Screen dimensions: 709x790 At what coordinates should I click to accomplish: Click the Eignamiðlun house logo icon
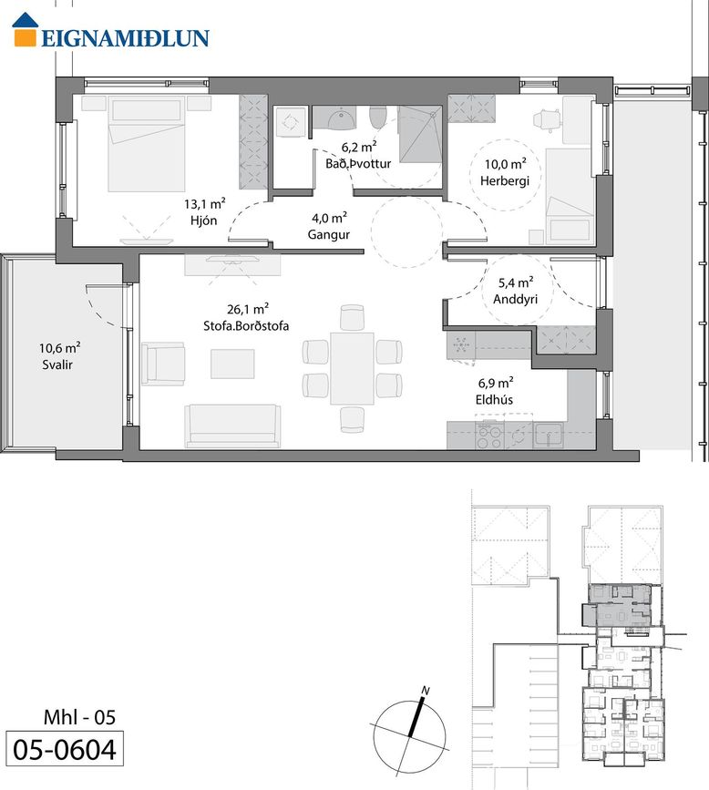pyautogui.click(x=26, y=30)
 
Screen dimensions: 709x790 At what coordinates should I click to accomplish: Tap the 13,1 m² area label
pyautogui.click(x=204, y=203)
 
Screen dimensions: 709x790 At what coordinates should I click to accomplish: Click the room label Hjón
pyautogui.click(x=203, y=221)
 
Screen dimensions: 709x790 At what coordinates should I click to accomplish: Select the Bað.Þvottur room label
pyautogui.click(x=358, y=163)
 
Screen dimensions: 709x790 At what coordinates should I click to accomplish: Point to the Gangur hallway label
pyautogui.click(x=329, y=235)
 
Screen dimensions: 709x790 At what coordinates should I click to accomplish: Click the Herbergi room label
pyautogui.click(x=505, y=180)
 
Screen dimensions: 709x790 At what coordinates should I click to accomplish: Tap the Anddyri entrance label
pyautogui.click(x=515, y=299)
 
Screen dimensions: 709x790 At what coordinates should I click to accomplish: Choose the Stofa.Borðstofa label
pyautogui.click(x=246, y=325)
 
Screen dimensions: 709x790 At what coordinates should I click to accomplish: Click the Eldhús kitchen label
pyautogui.click(x=494, y=399)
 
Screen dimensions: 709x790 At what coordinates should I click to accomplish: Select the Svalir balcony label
pyautogui.click(x=57, y=364)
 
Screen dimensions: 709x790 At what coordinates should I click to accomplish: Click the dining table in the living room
pyautogui.click(x=353, y=368)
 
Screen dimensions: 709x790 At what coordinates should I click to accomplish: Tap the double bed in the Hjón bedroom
pyautogui.click(x=147, y=144)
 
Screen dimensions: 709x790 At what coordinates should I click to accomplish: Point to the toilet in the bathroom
pyautogui.click(x=377, y=118)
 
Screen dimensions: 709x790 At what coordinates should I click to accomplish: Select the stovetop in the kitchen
pyautogui.click(x=489, y=436)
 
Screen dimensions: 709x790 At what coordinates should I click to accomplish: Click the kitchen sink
pyautogui.click(x=549, y=436)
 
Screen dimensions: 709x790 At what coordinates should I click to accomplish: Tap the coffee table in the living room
pyautogui.click(x=232, y=364)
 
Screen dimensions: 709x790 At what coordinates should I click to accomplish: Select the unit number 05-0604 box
pyautogui.click(x=65, y=749)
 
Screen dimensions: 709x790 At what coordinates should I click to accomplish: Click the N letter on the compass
pyautogui.click(x=426, y=691)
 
